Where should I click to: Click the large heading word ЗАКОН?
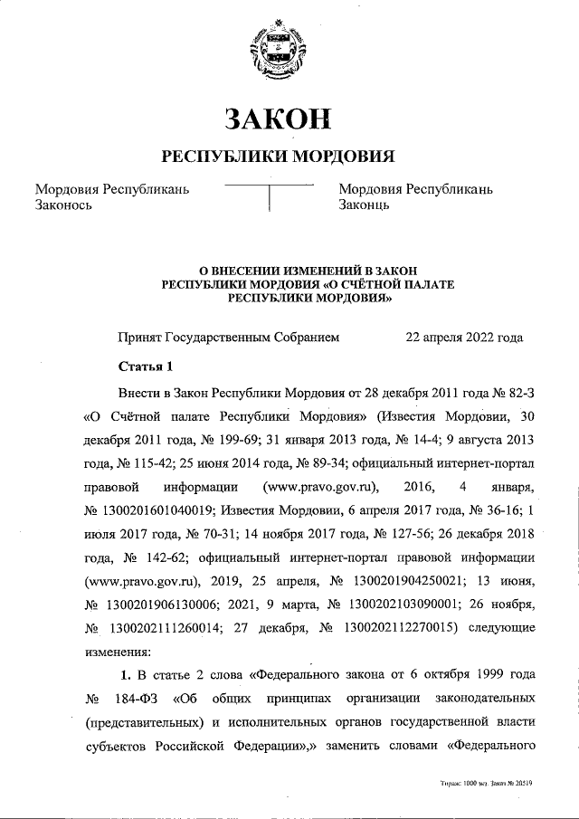coord(278,118)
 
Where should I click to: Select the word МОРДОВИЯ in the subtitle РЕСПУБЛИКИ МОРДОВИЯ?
coord(341,155)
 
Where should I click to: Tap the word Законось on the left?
coord(65,205)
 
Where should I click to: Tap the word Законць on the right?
coord(364,205)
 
